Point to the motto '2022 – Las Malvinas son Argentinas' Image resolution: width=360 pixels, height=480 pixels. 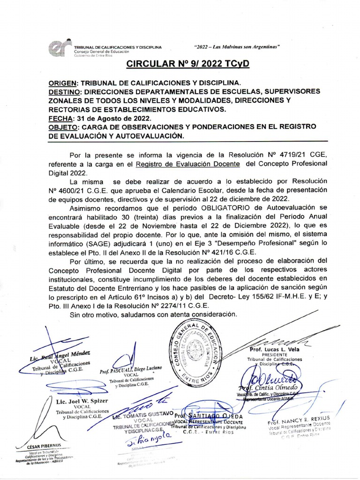[x=237, y=47]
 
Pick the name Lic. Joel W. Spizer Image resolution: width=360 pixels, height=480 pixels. [x=82, y=401]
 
